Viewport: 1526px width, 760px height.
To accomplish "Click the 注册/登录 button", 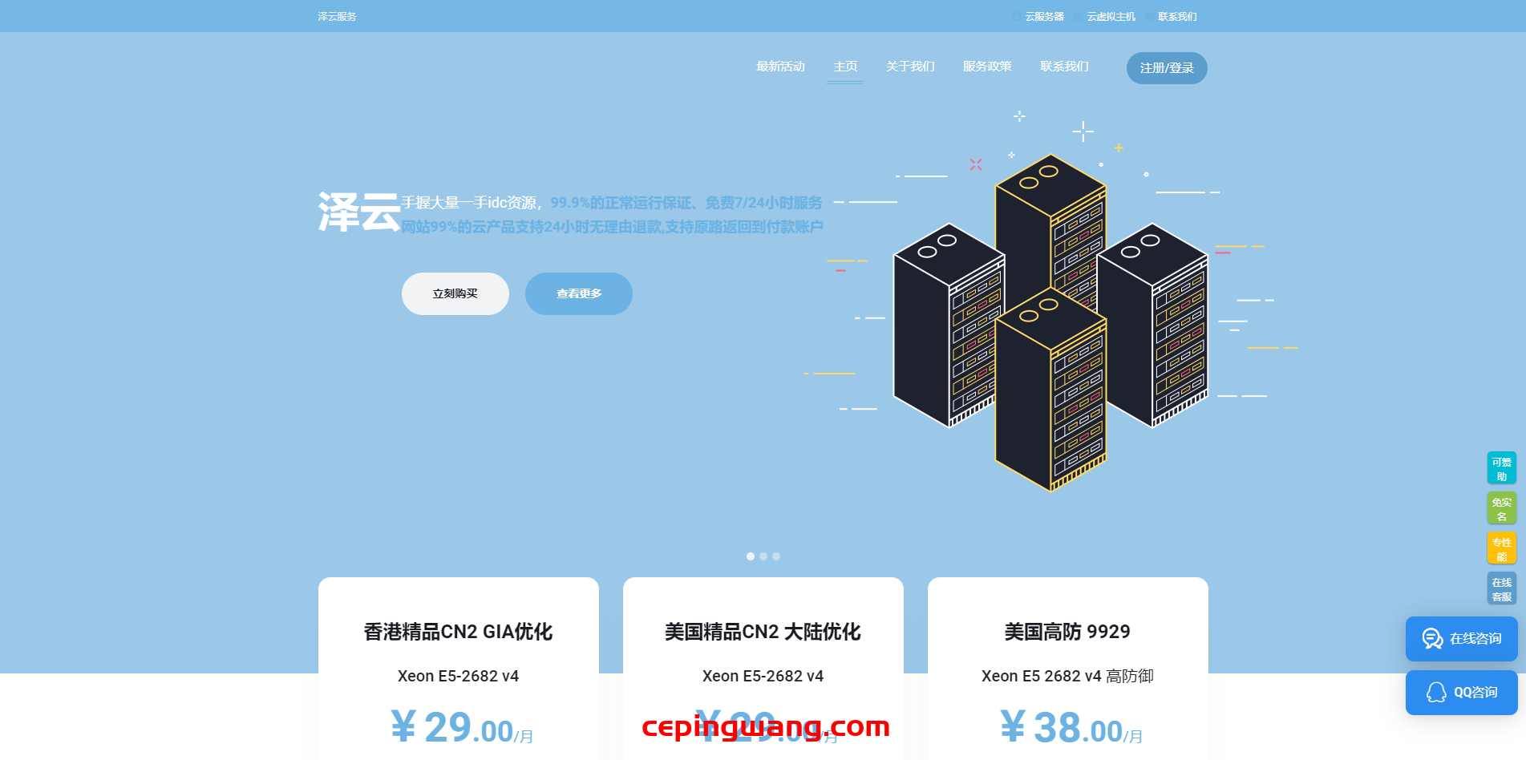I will coord(1167,68).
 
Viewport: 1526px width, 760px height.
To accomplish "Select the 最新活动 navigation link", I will coord(780,67).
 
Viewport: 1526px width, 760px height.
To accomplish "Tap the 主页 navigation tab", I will coord(845,67).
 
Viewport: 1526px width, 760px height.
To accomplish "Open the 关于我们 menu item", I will coord(910,67).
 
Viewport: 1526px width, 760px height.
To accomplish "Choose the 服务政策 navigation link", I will coord(987,67).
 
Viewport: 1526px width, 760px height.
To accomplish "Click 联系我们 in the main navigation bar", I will coord(1064,67).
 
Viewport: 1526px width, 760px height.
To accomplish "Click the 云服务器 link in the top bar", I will coord(1044,17).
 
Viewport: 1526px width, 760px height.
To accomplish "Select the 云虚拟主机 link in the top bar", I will coord(1111,17).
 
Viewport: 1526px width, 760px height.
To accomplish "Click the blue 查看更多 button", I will coord(579,293).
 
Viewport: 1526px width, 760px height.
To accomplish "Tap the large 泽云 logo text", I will coord(359,212).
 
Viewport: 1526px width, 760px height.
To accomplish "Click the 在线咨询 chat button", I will coord(1462,639).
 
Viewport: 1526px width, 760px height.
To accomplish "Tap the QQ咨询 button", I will coord(1462,693).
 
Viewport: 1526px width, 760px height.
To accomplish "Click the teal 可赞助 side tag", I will coord(1501,469).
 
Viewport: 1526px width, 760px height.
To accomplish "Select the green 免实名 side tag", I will coord(1501,509).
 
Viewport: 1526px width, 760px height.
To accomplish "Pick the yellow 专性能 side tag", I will coord(1501,549).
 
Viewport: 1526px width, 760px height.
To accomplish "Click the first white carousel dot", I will coord(751,556).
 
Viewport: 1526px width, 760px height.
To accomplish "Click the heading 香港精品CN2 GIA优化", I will coord(459,632).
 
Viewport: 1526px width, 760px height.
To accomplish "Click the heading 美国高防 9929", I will coord(1067,632).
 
